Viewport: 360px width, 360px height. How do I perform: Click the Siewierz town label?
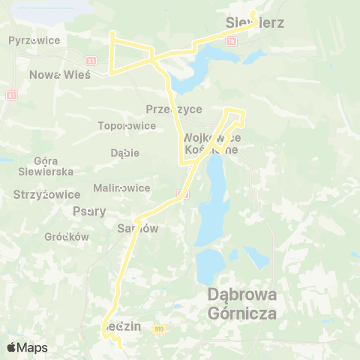[254, 22]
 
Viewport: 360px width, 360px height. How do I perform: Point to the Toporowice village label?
[127, 126]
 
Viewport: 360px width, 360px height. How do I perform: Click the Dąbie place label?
[124, 153]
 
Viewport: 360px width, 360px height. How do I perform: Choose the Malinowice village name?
[121, 187]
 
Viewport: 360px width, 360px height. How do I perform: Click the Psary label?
[89, 211]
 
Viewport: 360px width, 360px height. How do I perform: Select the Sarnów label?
[139, 229]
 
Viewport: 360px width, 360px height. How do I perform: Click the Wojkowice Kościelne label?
[211, 143]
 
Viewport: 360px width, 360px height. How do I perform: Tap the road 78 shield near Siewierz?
[230, 40]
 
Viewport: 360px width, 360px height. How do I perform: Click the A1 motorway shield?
[11, 95]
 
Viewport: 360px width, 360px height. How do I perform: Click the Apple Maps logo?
[27, 348]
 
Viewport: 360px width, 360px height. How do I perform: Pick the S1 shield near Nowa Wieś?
[91, 60]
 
